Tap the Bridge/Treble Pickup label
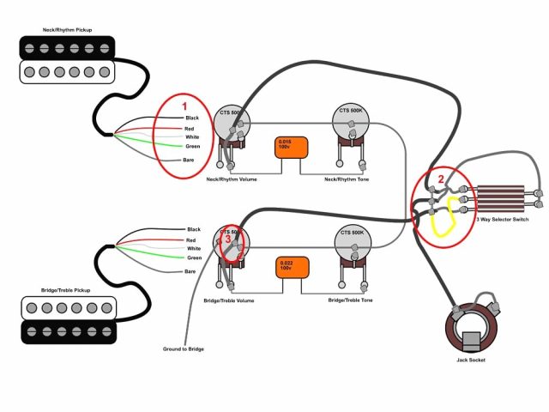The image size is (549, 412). tap(66, 291)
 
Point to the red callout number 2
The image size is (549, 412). tap(440, 179)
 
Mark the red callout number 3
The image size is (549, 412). tap(228, 241)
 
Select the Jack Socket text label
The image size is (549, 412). tap(471, 360)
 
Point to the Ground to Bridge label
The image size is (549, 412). tap(184, 348)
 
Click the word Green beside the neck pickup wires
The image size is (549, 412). tap(193, 147)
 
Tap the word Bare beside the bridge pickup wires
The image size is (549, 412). tap(190, 271)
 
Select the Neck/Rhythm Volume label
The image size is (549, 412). tap(232, 180)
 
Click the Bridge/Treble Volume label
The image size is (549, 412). tap(228, 300)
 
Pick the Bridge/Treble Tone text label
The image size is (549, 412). tap(350, 300)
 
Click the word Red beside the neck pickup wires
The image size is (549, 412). tap(190, 128)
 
